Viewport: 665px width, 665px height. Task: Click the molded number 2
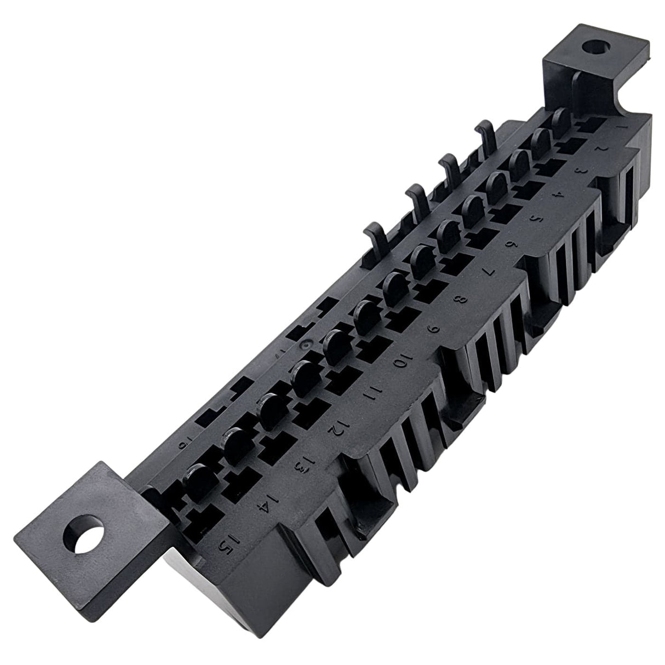(603, 148)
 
